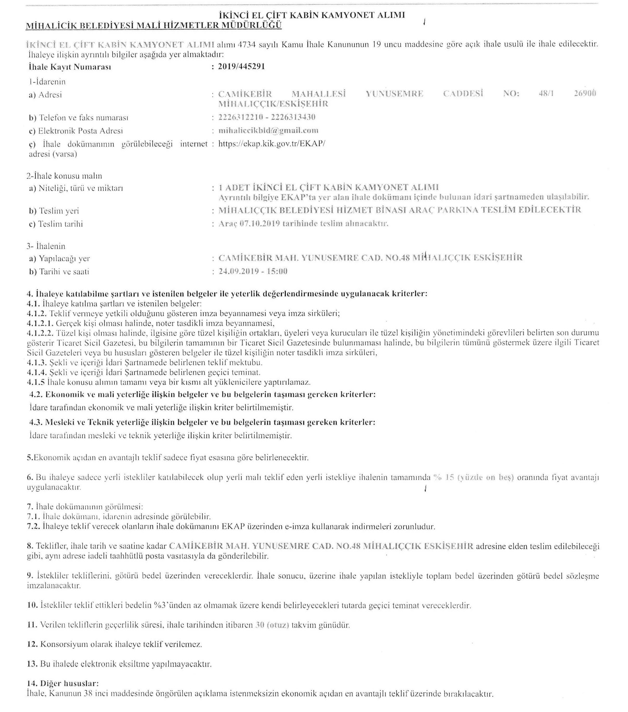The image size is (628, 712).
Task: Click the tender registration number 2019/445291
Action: pyautogui.click(x=241, y=67)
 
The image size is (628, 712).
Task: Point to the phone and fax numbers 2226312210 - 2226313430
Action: pyautogui.click(x=267, y=117)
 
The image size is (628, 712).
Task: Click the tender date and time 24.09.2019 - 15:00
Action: pyautogui.click(x=253, y=271)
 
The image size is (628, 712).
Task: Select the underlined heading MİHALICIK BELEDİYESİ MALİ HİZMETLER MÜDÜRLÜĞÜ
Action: pyautogui.click(x=154, y=25)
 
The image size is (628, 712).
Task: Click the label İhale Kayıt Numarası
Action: pyautogui.click(x=70, y=67)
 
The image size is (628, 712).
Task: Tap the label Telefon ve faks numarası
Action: pyautogui.click(x=79, y=118)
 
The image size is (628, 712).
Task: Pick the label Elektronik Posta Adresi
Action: pyautogui.click(x=76, y=131)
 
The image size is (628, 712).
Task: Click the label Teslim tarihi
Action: pyautogui.click(x=56, y=224)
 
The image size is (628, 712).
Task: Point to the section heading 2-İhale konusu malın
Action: pyautogui.click(x=64, y=176)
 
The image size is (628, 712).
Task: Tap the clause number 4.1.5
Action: pyautogui.click(x=36, y=382)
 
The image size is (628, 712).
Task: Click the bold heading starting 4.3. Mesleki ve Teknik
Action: pyautogui.click(x=202, y=423)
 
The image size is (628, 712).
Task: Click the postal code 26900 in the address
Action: pyautogui.click(x=585, y=93)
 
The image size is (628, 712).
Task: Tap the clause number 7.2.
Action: pyautogui.click(x=34, y=526)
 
